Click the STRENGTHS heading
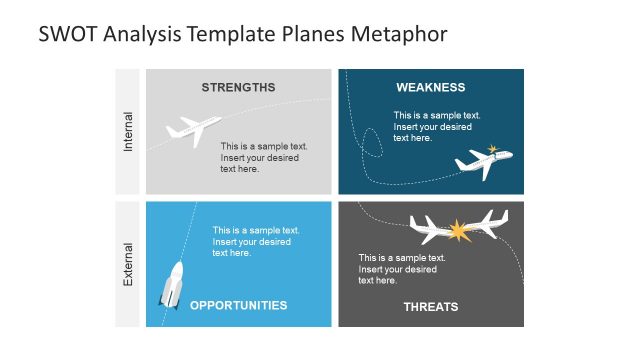tap(238, 87)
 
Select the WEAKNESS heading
tap(430, 87)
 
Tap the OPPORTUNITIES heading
tap(238, 306)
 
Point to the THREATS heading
tap(430, 307)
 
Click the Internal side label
tap(127, 131)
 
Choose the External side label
tap(127, 264)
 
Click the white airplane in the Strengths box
tap(193, 130)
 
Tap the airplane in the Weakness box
tap(483, 162)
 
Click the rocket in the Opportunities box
tap(171, 284)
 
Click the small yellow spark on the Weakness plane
tap(492, 150)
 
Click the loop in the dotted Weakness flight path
tap(370, 143)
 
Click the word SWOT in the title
tap(66, 34)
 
